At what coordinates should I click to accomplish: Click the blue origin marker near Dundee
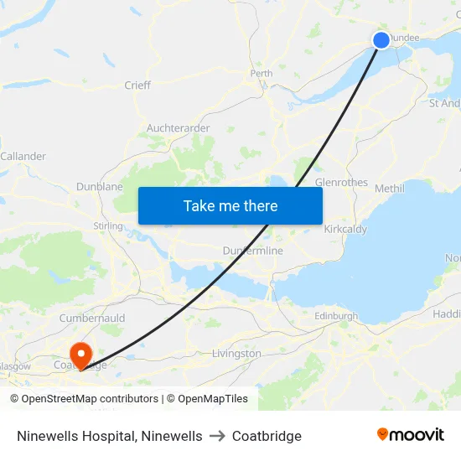point(381,40)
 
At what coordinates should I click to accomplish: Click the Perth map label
point(262,74)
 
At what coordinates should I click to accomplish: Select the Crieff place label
point(137,85)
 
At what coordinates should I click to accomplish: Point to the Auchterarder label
point(178,128)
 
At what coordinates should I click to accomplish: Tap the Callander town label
point(23,157)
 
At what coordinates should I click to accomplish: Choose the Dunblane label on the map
point(100,187)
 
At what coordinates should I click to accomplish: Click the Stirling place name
point(108,226)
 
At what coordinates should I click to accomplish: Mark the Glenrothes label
point(341,182)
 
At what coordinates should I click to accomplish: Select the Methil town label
point(390,189)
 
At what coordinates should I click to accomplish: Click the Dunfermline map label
point(253,251)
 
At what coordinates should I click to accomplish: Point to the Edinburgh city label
point(336,316)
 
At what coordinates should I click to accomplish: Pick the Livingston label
point(237,354)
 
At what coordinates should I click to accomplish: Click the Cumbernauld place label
point(92,319)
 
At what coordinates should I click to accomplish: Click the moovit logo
point(410,435)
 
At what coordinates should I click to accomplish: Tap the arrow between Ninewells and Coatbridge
point(217,436)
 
